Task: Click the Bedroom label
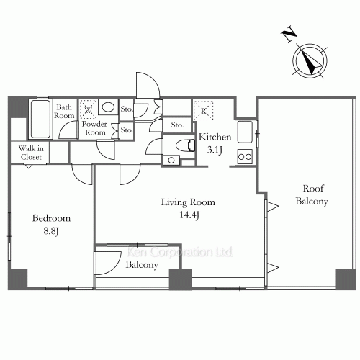coord(51,218)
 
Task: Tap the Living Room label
coord(188,202)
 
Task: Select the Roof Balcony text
coord(312,194)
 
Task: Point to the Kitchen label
coord(215,137)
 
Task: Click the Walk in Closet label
coord(31,153)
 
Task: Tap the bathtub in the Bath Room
coord(40,119)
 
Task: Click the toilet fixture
coord(185,145)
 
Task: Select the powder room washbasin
coord(108,107)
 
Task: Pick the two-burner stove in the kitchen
coord(245,156)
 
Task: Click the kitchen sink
coord(245,132)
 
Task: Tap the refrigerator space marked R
coord(204,111)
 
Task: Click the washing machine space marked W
coord(89,109)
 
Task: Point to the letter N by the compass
coord(289,34)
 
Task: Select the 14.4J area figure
coord(189,215)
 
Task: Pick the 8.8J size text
coord(51,231)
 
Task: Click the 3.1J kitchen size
coord(215,150)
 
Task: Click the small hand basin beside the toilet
coord(171,160)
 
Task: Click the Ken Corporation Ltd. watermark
coord(179,252)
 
